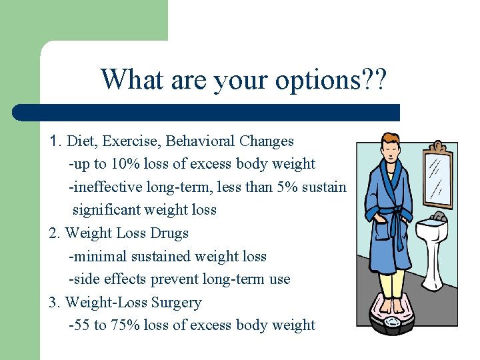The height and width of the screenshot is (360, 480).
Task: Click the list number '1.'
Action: [x=56, y=141]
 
